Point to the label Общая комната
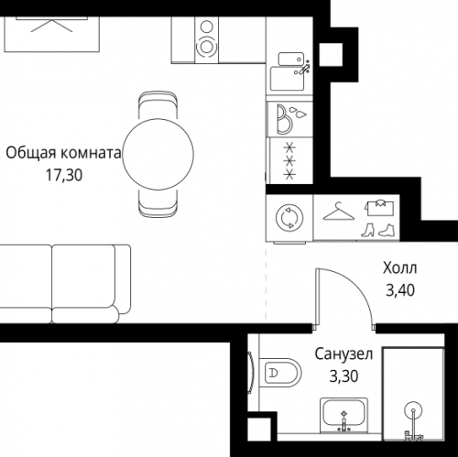[x=62, y=154]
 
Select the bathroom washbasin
[x=344, y=418]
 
